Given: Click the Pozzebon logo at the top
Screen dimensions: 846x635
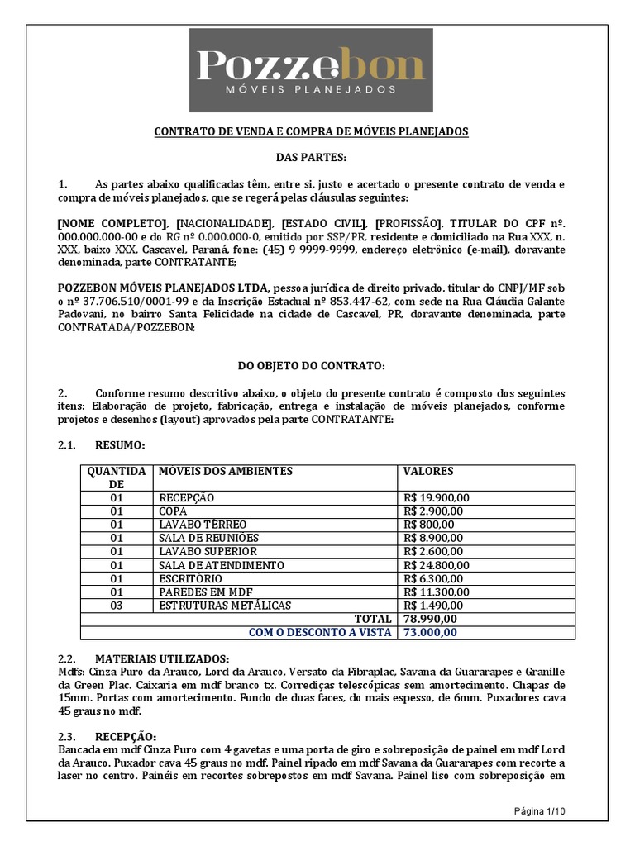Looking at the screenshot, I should point(311,70).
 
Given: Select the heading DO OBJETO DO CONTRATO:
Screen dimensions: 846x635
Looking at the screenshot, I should point(311,365).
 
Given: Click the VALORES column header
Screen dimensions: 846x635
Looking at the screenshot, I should point(428,471).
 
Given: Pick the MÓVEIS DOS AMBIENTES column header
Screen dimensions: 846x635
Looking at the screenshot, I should point(225,471).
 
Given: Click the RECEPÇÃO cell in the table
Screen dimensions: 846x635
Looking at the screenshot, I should point(186,497).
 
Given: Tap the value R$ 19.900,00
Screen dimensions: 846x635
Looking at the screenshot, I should point(437,497).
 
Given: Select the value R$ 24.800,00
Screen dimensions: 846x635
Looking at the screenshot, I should point(437,565).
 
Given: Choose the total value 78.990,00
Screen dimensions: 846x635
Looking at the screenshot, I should point(428,619).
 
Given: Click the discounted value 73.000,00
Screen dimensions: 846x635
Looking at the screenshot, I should point(428,632).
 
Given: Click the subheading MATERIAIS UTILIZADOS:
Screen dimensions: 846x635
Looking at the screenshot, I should point(162,658).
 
